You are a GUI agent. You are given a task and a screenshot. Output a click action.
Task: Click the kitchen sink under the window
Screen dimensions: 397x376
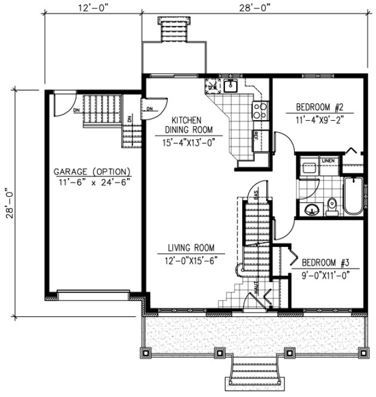tap(230, 85)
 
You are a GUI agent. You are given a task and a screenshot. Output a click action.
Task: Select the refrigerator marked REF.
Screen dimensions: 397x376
tap(260, 135)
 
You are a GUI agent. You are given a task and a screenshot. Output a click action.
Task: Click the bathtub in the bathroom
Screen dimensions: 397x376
tap(352, 197)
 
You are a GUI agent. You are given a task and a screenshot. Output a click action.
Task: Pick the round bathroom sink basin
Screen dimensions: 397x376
tap(311, 209)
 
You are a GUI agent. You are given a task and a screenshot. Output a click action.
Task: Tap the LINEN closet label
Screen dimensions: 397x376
tap(328, 160)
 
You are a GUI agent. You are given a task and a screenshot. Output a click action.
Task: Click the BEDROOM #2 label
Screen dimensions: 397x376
tap(320, 108)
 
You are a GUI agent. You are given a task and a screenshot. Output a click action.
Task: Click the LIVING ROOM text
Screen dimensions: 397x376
tap(191, 248)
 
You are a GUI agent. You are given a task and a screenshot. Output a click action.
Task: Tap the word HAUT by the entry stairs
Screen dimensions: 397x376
tap(256, 289)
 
